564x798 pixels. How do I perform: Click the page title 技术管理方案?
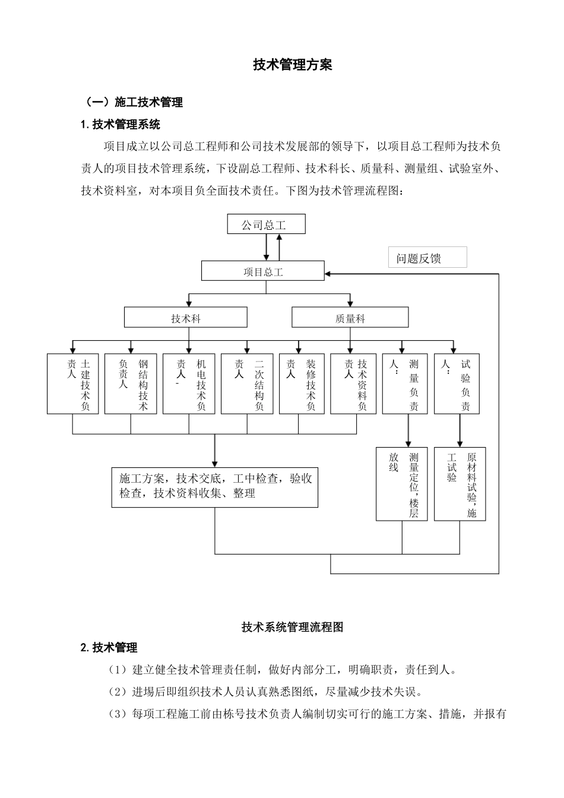pyautogui.click(x=292, y=65)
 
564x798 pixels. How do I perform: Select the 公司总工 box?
pyautogui.click(x=266, y=224)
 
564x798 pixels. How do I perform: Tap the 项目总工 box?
pyautogui.click(x=263, y=271)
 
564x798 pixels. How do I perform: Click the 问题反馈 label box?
pyautogui.click(x=427, y=258)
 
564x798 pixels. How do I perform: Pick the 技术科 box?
pyautogui.click(x=185, y=318)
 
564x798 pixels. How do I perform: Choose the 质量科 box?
pyautogui.click(x=350, y=318)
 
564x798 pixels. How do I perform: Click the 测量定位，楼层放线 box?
pyautogui.click(x=401, y=484)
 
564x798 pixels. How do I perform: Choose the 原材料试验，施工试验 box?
pyautogui.click(x=460, y=484)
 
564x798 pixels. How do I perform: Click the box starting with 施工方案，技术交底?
pyautogui.click(x=214, y=487)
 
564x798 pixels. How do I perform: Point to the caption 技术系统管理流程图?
pyautogui.click(x=292, y=626)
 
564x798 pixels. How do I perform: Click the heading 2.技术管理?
pyautogui.click(x=109, y=647)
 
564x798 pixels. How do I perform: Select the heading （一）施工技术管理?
pyautogui.click(x=134, y=102)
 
